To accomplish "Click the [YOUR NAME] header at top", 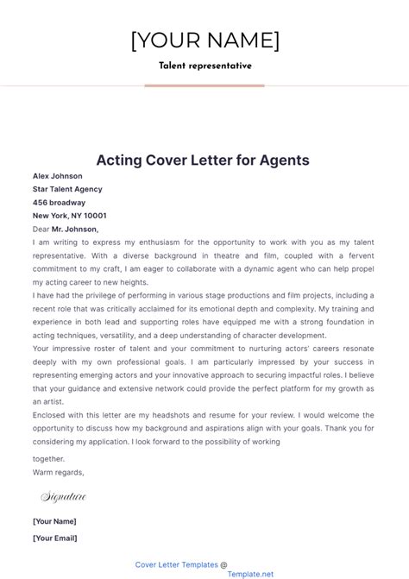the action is [204, 41].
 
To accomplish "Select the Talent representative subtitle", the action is [204, 66].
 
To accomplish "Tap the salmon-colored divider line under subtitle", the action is [204, 85].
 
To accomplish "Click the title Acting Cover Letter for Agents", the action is [203, 160].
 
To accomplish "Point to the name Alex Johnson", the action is [58, 176].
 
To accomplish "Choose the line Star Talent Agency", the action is [67, 189].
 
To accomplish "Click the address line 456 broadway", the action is [60, 203].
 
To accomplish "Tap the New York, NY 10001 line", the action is [70, 216].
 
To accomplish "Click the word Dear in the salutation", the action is [41, 230].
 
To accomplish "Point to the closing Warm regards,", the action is [59, 472].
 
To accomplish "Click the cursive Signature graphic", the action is [63, 496].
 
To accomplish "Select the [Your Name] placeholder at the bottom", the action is [54, 521].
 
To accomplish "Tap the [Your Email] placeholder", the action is [54, 538].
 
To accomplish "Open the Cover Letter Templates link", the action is [176, 564].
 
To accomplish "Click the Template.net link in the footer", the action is [250, 573].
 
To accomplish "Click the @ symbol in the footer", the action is [224, 564].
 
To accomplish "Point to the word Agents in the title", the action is [281, 160].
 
